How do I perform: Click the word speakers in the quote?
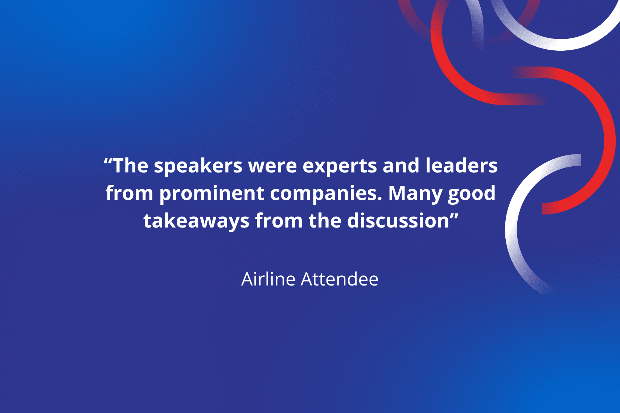tap(198, 166)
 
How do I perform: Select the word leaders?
tap(461, 165)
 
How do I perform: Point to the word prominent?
tap(212, 194)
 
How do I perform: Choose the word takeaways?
tap(196, 221)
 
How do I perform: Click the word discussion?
tap(398, 221)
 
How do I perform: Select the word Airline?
tap(268, 279)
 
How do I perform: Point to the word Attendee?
tap(339, 279)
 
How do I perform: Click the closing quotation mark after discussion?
tap(454, 216)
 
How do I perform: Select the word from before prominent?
tap(129, 193)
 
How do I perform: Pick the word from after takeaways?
tap(279, 221)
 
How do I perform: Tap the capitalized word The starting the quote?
tap(131, 165)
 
